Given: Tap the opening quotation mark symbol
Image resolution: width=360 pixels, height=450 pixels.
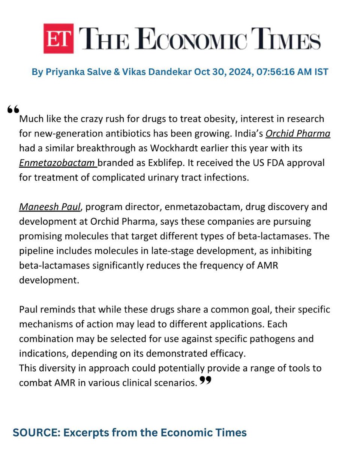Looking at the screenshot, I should (x=13, y=109).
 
